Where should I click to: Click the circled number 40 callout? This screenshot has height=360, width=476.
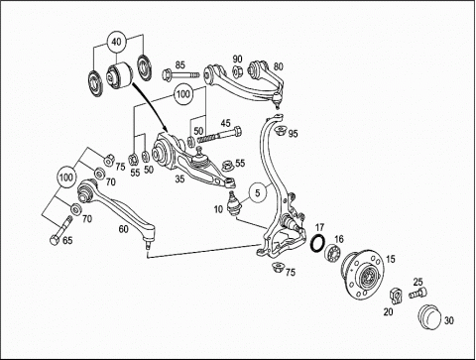click(117, 42)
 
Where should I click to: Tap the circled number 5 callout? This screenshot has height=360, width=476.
click(258, 192)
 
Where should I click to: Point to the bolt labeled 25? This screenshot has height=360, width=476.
click(417, 293)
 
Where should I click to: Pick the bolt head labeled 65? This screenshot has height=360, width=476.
click(55, 240)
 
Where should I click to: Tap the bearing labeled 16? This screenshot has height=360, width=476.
click(333, 253)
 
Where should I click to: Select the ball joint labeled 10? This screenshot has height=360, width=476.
click(233, 203)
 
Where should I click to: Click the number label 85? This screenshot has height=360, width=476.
click(179, 64)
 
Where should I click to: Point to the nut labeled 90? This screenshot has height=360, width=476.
click(236, 71)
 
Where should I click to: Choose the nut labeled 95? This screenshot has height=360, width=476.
click(281, 130)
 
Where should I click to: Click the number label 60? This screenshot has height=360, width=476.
click(123, 229)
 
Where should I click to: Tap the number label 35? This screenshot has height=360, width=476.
click(179, 179)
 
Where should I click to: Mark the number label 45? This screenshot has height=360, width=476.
click(225, 123)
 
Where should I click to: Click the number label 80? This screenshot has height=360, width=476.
click(279, 66)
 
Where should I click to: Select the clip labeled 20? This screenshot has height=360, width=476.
click(397, 296)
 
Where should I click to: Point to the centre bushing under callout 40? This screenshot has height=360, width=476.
click(119, 75)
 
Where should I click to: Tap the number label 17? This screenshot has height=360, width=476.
click(319, 227)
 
